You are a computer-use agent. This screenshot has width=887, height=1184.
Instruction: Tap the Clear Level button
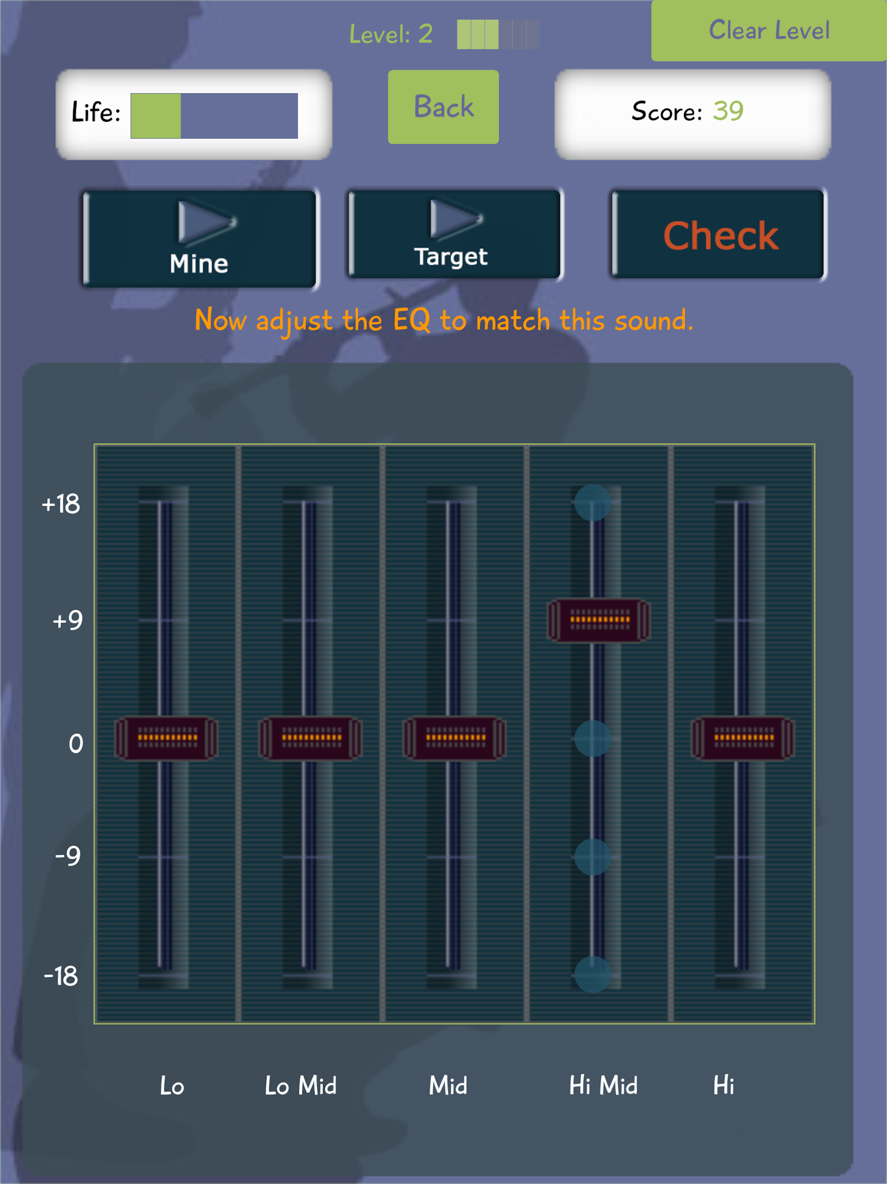(769, 30)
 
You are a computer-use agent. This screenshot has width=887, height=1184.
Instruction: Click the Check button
(719, 235)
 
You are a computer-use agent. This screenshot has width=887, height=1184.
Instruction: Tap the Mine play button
(200, 239)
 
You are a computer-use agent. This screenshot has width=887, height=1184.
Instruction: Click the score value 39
(728, 111)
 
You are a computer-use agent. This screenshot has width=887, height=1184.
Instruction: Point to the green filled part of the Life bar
(155, 116)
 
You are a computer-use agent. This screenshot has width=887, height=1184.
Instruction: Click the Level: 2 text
(391, 34)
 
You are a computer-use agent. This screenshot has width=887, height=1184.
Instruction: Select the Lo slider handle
(166, 738)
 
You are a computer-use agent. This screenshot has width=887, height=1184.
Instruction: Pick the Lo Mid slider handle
(310, 738)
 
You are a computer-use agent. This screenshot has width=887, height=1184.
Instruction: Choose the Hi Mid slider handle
(599, 620)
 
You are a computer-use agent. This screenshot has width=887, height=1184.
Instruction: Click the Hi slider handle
(742, 738)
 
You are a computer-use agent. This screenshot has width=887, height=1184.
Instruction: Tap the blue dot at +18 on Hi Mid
(593, 503)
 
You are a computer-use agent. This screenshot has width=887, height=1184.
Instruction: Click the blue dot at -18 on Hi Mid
(593, 975)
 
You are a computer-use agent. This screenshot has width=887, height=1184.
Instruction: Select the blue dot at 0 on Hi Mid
(593, 738)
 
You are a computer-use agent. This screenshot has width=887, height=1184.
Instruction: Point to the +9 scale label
(68, 620)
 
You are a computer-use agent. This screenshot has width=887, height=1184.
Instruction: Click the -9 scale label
(68, 856)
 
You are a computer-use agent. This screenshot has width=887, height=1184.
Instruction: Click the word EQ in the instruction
(411, 320)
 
